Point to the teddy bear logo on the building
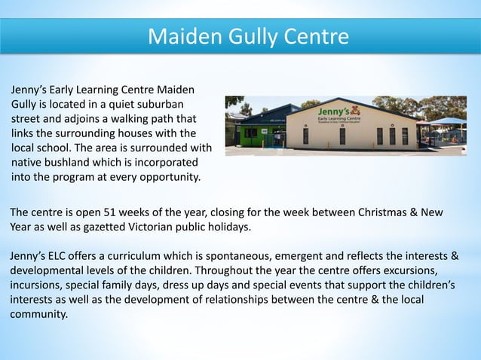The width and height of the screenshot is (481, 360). click(x=355, y=110)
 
